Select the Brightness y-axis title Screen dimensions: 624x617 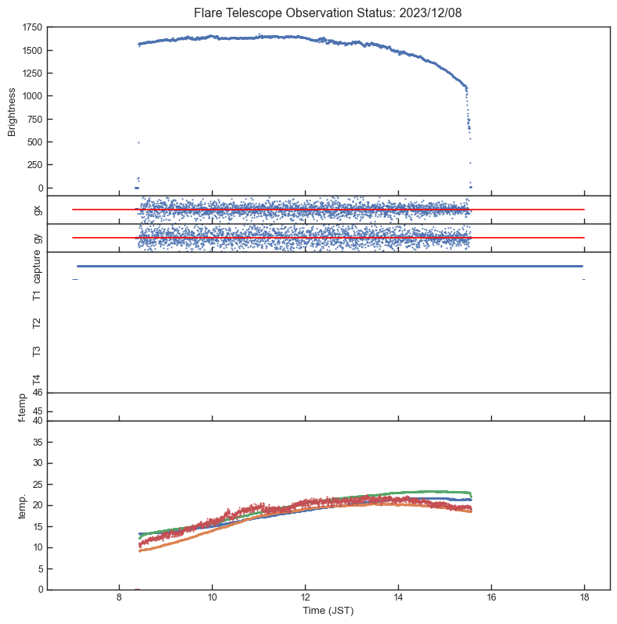tap(13, 110)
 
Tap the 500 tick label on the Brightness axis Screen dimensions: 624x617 tap(34, 142)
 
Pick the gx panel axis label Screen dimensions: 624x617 tap(37, 210)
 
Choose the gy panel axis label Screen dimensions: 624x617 tap(37, 238)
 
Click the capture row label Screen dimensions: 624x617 tap(37, 266)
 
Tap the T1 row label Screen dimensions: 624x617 tap(37, 295)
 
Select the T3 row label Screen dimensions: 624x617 tap(37, 351)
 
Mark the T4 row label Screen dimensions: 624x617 tap(37, 379)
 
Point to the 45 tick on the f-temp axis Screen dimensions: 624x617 tap(37, 412)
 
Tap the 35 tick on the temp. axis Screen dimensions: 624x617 tap(37, 443)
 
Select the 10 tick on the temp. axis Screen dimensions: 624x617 tap(37, 547)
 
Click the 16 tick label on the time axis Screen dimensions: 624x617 tap(491, 598)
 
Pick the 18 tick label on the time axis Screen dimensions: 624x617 tap(584, 598)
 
